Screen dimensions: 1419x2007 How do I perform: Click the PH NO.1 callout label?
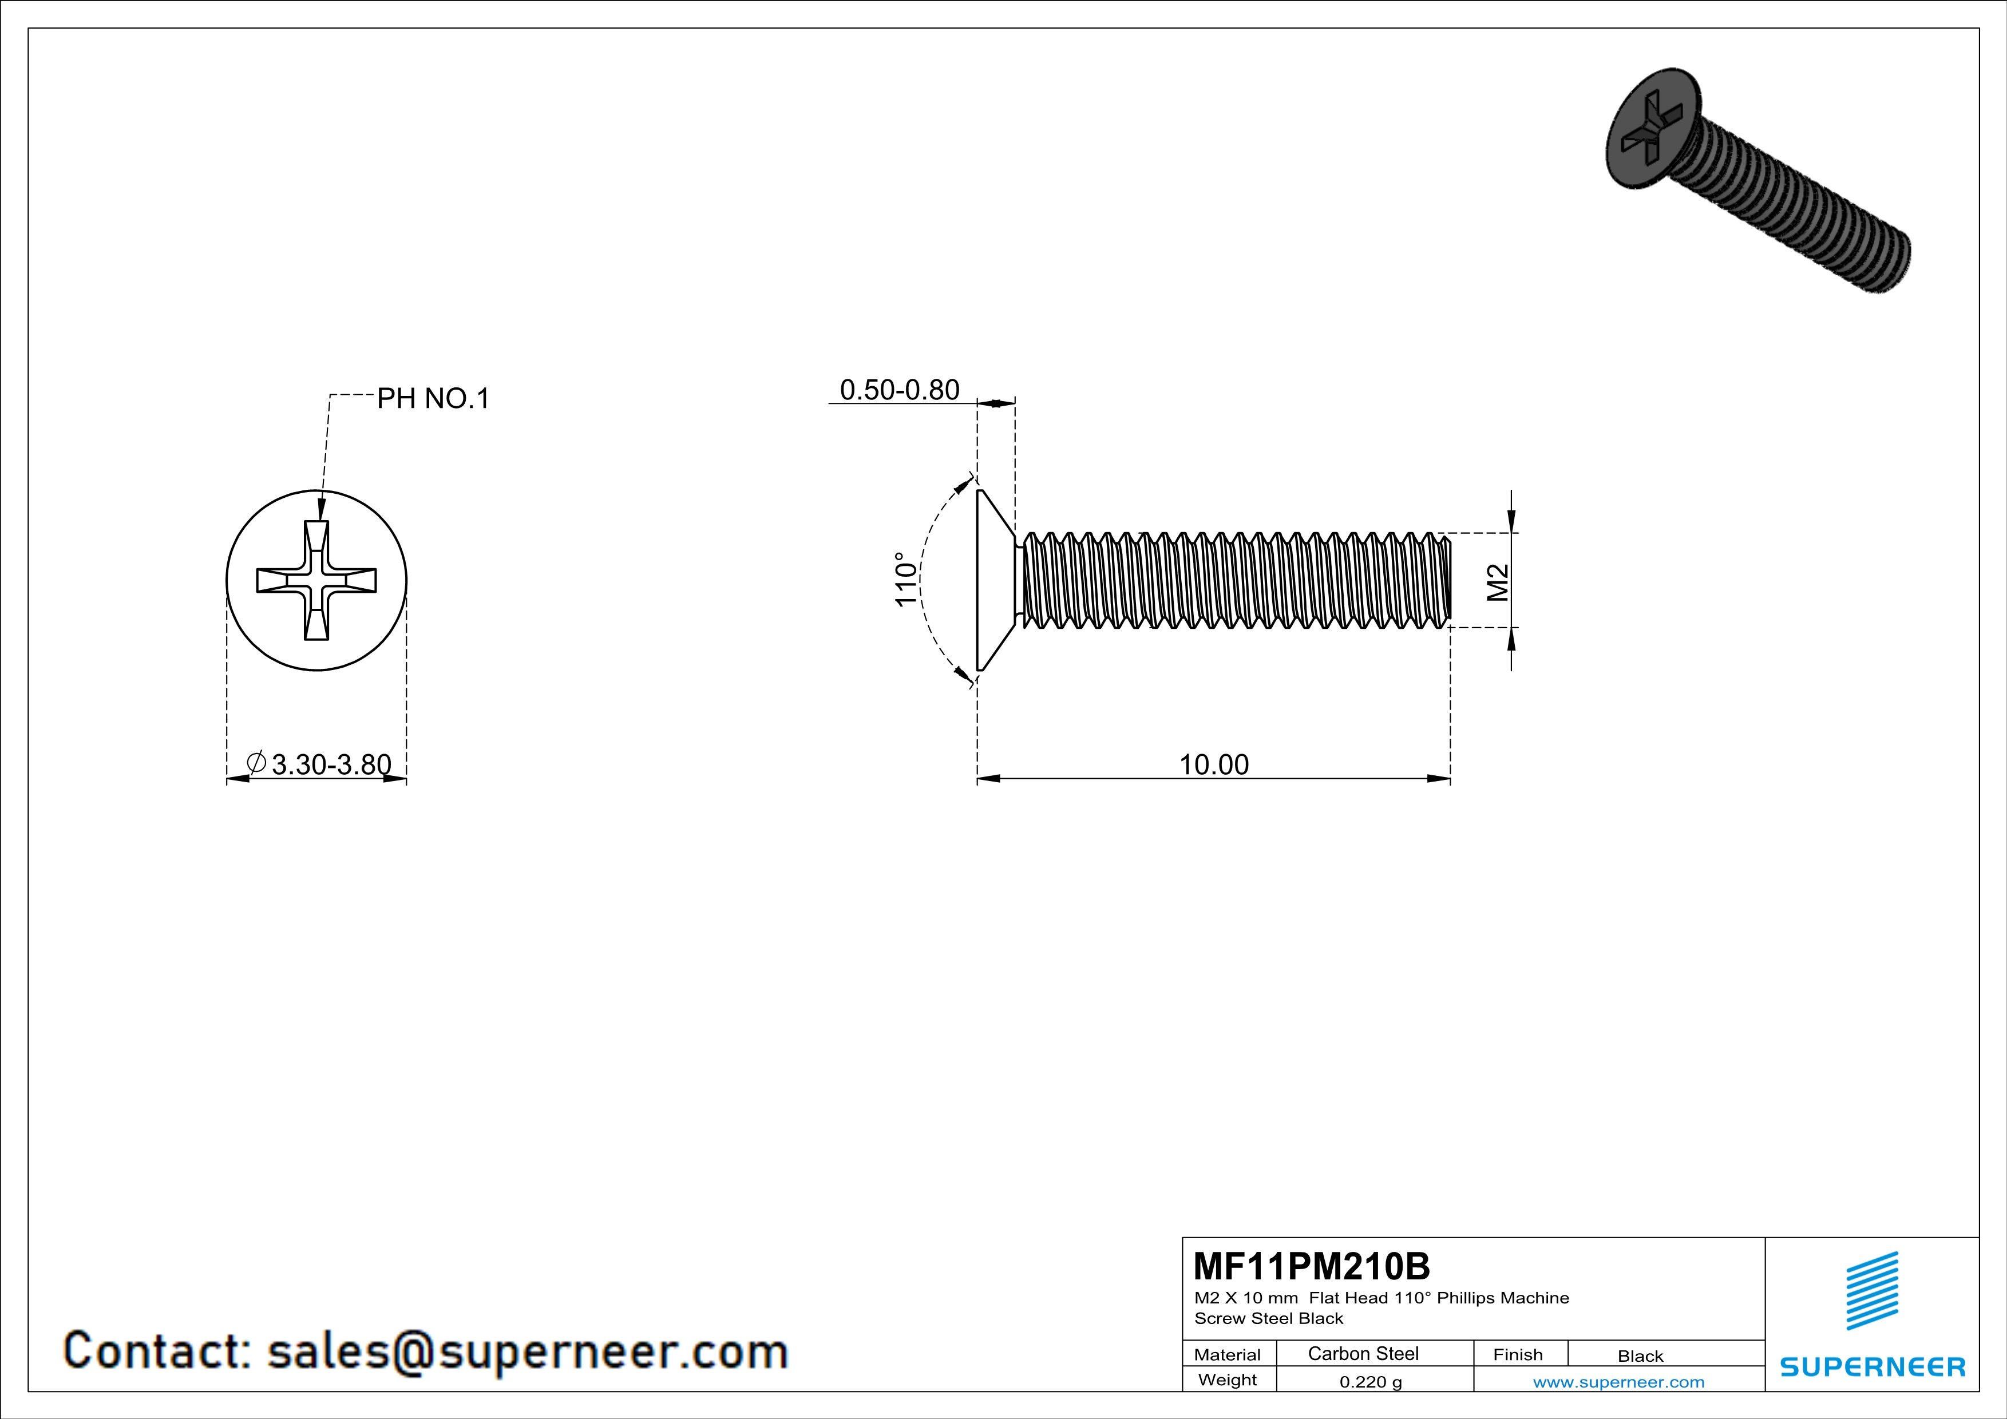pyautogui.click(x=433, y=399)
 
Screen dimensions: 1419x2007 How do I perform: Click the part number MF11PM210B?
pyautogui.click(x=1311, y=1266)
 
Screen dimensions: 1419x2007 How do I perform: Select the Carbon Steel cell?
pyautogui.click(x=1363, y=1353)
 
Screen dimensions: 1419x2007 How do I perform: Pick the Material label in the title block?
pyautogui.click(x=1228, y=1354)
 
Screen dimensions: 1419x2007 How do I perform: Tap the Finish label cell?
pyautogui.click(x=1518, y=1354)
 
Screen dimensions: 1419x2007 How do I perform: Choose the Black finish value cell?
pyautogui.click(x=1640, y=1356)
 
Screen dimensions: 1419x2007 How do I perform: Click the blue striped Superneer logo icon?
pyautogui.click(x=1871, y=1291)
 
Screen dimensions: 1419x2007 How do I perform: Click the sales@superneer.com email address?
pyautogui.click(x=527, y=1351)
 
